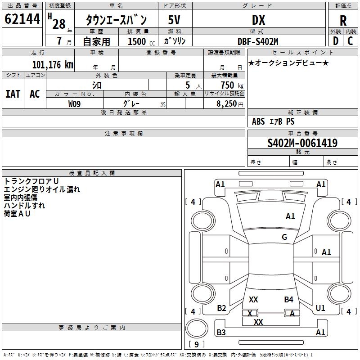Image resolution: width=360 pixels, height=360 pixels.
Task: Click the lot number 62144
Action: [x=22, y=19]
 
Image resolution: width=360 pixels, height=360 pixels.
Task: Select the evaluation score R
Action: [x=343, y=21]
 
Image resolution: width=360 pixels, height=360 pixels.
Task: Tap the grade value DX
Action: [x=258, y=20]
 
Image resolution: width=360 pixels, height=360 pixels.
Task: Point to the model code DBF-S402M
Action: [x=258, y=41]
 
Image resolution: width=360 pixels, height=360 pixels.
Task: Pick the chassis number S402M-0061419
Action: [x=302, y=143]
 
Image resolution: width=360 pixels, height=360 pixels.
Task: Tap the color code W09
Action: [x=75, y=103]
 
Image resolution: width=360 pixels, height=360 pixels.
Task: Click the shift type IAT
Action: [x=13, y=94]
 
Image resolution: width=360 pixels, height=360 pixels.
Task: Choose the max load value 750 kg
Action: [x=230, y=85]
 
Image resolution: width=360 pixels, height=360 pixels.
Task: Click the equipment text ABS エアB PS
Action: [x=273, y=121]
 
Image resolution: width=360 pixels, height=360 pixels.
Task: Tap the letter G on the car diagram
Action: [x=284, y=237]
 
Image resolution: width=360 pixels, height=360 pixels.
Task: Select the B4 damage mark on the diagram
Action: [x=288, y=299]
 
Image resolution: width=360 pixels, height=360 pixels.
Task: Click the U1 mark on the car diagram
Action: [x=320, y=308]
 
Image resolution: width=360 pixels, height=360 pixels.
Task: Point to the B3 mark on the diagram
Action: [x=221, y=333]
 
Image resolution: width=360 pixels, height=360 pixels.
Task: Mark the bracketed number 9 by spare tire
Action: [x=196, y=345]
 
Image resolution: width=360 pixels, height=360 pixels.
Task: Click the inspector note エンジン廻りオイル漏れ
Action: [x=42, y=189]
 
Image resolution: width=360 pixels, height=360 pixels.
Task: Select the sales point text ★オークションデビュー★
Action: [x=288, y=63]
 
